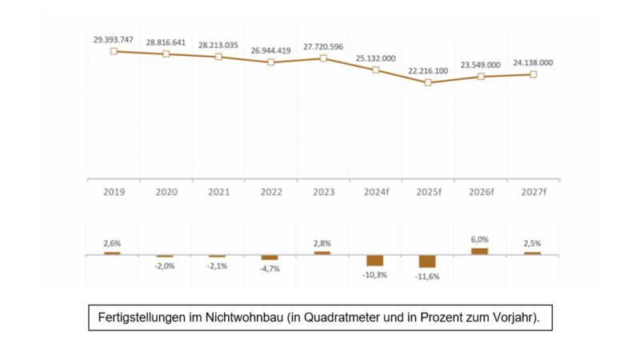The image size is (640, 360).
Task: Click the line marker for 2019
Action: (x=114, y=50)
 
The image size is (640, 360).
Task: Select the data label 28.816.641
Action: (x=166, y=42)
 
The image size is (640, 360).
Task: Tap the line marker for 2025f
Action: (x=428, y=82)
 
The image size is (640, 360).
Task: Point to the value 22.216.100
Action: (x=428, y=71)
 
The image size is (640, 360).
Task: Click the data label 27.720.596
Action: (x=322, y=47)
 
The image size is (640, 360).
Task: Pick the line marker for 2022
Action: (x=270, y=62)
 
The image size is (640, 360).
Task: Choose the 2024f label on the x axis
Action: (x=375, y=192)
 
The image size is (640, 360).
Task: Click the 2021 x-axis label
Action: (x=218, y=192)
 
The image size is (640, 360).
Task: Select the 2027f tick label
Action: (x=532, y=192)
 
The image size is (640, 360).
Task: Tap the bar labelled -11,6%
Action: (x=427, y=262)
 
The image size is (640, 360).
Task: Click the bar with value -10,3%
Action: (x=375, y=261)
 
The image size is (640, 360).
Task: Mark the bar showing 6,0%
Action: (x=479, y=251)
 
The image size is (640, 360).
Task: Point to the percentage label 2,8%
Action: (x=322, y=243)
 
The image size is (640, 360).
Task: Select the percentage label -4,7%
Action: (x=270, y=269)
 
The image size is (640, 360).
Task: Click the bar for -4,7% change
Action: (x=270, y=258)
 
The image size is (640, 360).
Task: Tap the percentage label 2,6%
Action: (x=112, y=243)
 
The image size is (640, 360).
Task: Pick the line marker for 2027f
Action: (x=533, y=74)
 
